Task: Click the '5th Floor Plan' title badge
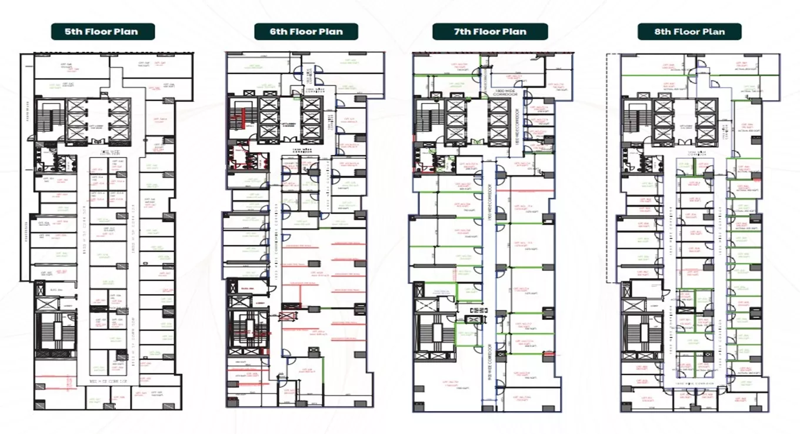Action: click(103, 32)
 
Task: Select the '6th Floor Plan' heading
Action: click(306, 32)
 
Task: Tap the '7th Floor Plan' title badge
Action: click(490, 32)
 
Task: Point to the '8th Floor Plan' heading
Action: click(689, 32)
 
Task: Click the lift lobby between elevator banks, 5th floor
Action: click(97, 125)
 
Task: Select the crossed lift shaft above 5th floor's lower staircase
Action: click(48, 304)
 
